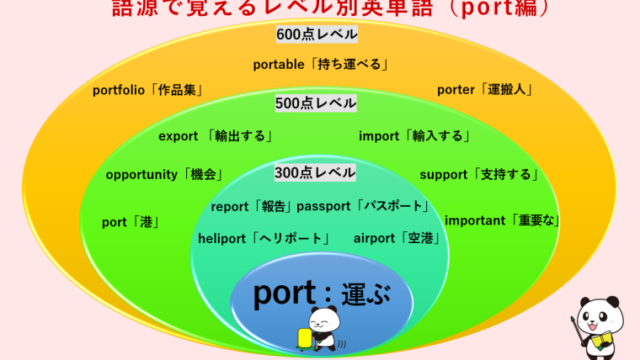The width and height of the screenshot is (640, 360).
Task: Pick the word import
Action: [x=381, y=136]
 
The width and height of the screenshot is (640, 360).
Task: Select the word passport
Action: [x=323, y=206]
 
